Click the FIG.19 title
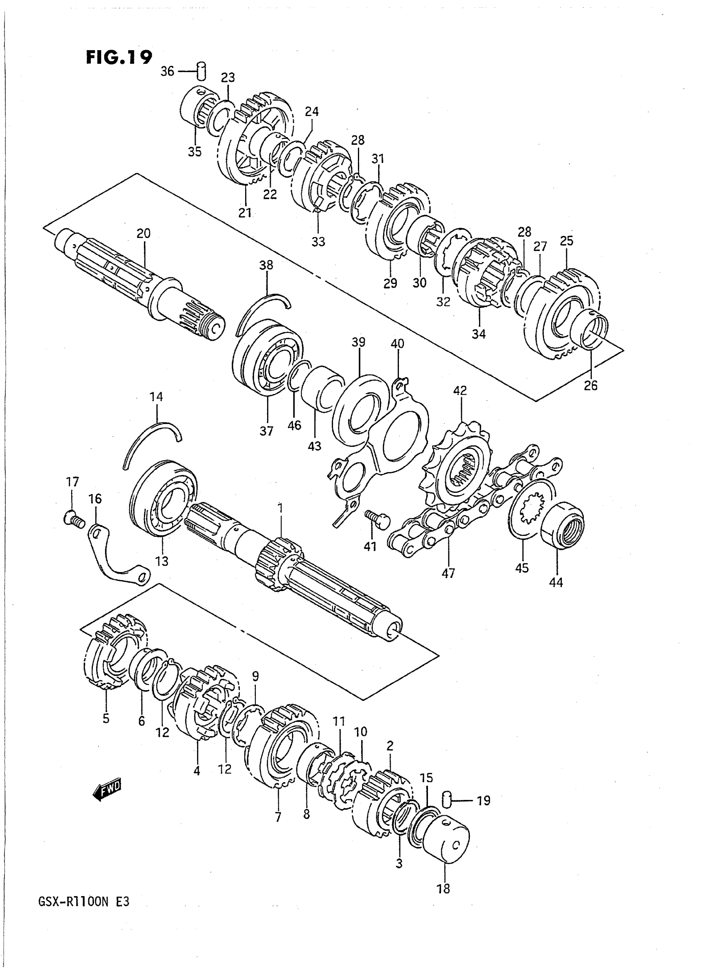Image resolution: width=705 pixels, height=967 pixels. coord(119,57)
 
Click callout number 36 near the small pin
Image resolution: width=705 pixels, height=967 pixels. coord(167,71)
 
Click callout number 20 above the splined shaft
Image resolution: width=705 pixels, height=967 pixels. coord(143,233)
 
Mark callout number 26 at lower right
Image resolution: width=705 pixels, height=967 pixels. coord(591,385)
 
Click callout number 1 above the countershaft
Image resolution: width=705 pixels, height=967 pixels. coord(280,508)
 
